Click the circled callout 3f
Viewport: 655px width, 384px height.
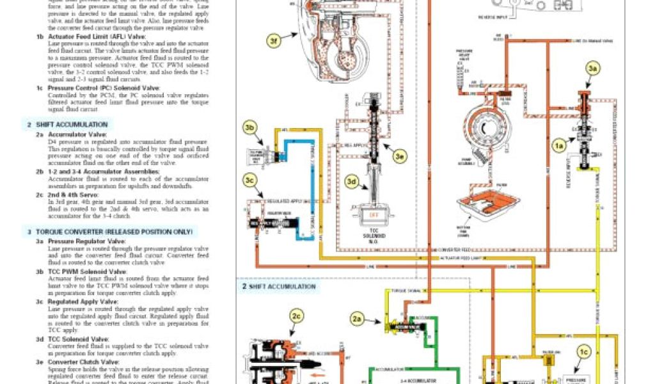[274, 42]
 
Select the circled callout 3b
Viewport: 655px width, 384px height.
[250, 127]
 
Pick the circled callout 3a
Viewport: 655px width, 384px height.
[593, 68]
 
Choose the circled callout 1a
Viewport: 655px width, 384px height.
[560, 146]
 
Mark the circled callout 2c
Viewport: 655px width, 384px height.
[295, 316]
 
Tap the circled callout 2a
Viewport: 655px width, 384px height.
[358, 318]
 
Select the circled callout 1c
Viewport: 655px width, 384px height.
[583, 351]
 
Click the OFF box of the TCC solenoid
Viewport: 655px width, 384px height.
[372, 215]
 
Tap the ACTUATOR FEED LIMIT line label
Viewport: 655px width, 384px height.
[456, 257]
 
